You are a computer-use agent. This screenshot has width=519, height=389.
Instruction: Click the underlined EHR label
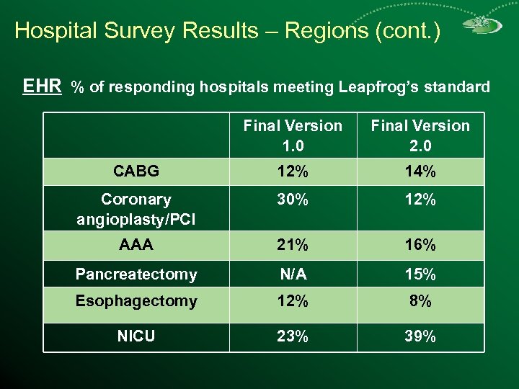(x=42, y=87)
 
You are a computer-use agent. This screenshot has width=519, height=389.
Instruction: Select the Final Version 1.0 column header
(x=293, y=135)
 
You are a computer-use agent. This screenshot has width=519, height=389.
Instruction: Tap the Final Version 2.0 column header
(x=420, y=135)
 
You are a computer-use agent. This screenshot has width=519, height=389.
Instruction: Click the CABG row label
(x=136, y=172)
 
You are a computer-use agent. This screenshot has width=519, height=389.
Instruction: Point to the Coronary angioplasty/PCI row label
(x=136, y=209)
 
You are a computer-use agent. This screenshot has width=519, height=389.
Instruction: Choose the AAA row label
(x=136, y=245)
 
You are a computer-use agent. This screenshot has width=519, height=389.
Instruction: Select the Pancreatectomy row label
(x=136, y=274)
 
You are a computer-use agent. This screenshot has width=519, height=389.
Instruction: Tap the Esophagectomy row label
(x=136, y=301)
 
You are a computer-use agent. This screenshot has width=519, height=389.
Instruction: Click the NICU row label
(x=136, y=336)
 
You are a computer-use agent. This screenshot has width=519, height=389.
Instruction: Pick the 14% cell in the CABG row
(x=420, y=172)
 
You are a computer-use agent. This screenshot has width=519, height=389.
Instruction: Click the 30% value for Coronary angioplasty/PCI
(x=293, y=201)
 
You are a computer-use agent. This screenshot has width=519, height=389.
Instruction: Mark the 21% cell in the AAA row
(x=293, y=245)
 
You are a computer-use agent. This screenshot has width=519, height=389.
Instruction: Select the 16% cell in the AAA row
(x=420, y=245)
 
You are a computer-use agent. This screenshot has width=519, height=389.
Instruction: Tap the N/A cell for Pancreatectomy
(x=293, y=274)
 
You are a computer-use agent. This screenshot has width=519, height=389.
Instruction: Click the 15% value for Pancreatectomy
(x=420, y=274)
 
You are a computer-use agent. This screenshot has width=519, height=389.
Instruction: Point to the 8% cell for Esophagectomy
(x=420, y=301)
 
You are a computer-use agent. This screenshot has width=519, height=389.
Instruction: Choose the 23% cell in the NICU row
(x=293, y=336)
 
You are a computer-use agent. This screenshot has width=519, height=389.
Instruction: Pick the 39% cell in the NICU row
(x=420, y=336)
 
